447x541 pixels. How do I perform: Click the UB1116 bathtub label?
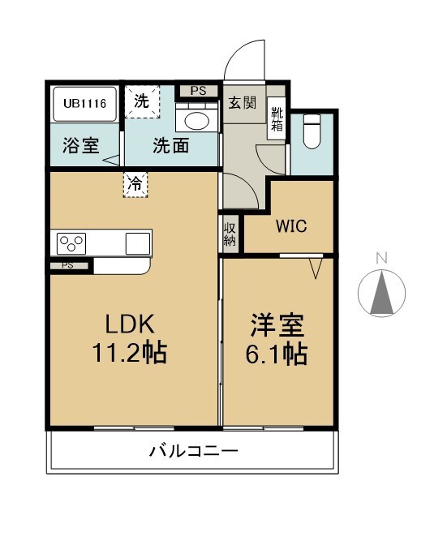coord(84,103)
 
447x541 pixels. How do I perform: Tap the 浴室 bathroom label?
coord(81,146)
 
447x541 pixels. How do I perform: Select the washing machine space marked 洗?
coord(142,101)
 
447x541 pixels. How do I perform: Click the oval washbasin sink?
coord(197,121)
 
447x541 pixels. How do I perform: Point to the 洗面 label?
coord(171,146)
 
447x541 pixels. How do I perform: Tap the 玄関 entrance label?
coord(243,102)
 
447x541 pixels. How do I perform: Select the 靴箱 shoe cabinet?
coord(277,118)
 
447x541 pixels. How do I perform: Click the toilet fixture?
coord(312,131)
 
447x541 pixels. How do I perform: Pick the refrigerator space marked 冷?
coord(135,185)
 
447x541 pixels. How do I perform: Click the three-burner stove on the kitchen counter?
coord(71,243)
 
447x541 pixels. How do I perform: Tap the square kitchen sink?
coord(138,243)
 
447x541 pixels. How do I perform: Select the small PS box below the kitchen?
coord(68,266)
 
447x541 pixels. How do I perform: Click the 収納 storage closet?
coord(230,234)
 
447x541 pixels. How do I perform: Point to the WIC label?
coord(291,226)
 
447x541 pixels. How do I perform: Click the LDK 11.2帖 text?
coord(130,338)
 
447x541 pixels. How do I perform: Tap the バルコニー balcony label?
coord(194,451)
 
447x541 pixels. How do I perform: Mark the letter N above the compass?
coord(381,258)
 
